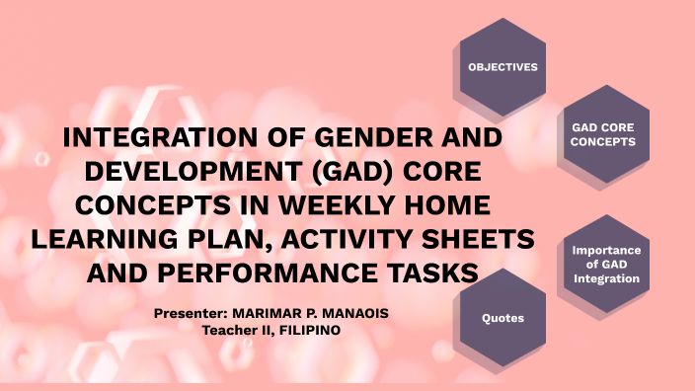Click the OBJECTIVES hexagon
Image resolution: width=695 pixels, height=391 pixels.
pyautogui.click(x=502, y=67)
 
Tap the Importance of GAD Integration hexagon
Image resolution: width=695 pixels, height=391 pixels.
pyautogui.click(x=606, y=265)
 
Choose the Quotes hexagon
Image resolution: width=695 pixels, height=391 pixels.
pyautogui.click(x=502, y=319)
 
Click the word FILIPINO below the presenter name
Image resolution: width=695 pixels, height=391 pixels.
pyautogui.click(x=309, y=330)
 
